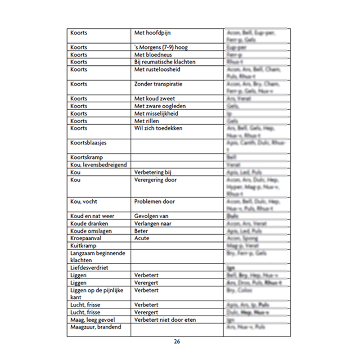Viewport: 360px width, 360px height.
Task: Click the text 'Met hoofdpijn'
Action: coord(153,33)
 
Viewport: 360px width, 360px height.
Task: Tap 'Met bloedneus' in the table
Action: coord(153,54)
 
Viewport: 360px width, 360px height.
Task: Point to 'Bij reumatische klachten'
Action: coord(165,62)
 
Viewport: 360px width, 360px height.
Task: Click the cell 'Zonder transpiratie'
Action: coord(158,84)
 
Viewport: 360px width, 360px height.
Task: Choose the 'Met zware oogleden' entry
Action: coord(160,106)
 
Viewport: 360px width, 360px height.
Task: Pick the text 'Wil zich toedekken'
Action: coord(158,128)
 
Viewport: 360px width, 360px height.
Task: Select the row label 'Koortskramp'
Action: coord(86,157)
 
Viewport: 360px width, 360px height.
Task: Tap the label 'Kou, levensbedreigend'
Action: coord(99,165)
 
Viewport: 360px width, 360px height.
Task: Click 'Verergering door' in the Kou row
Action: coord(156,180)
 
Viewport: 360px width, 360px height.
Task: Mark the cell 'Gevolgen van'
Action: coord(152,216)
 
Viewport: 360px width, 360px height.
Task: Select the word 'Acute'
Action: coord(142,238)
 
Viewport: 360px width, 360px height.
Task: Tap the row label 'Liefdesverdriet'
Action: coord(89,268)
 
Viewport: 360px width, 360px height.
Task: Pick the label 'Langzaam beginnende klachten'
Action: coord(98,256)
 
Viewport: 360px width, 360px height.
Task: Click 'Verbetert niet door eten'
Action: coord(165,319)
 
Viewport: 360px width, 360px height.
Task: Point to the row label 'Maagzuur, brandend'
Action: coord(96,327)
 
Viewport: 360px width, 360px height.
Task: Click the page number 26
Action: coord(177,342)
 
